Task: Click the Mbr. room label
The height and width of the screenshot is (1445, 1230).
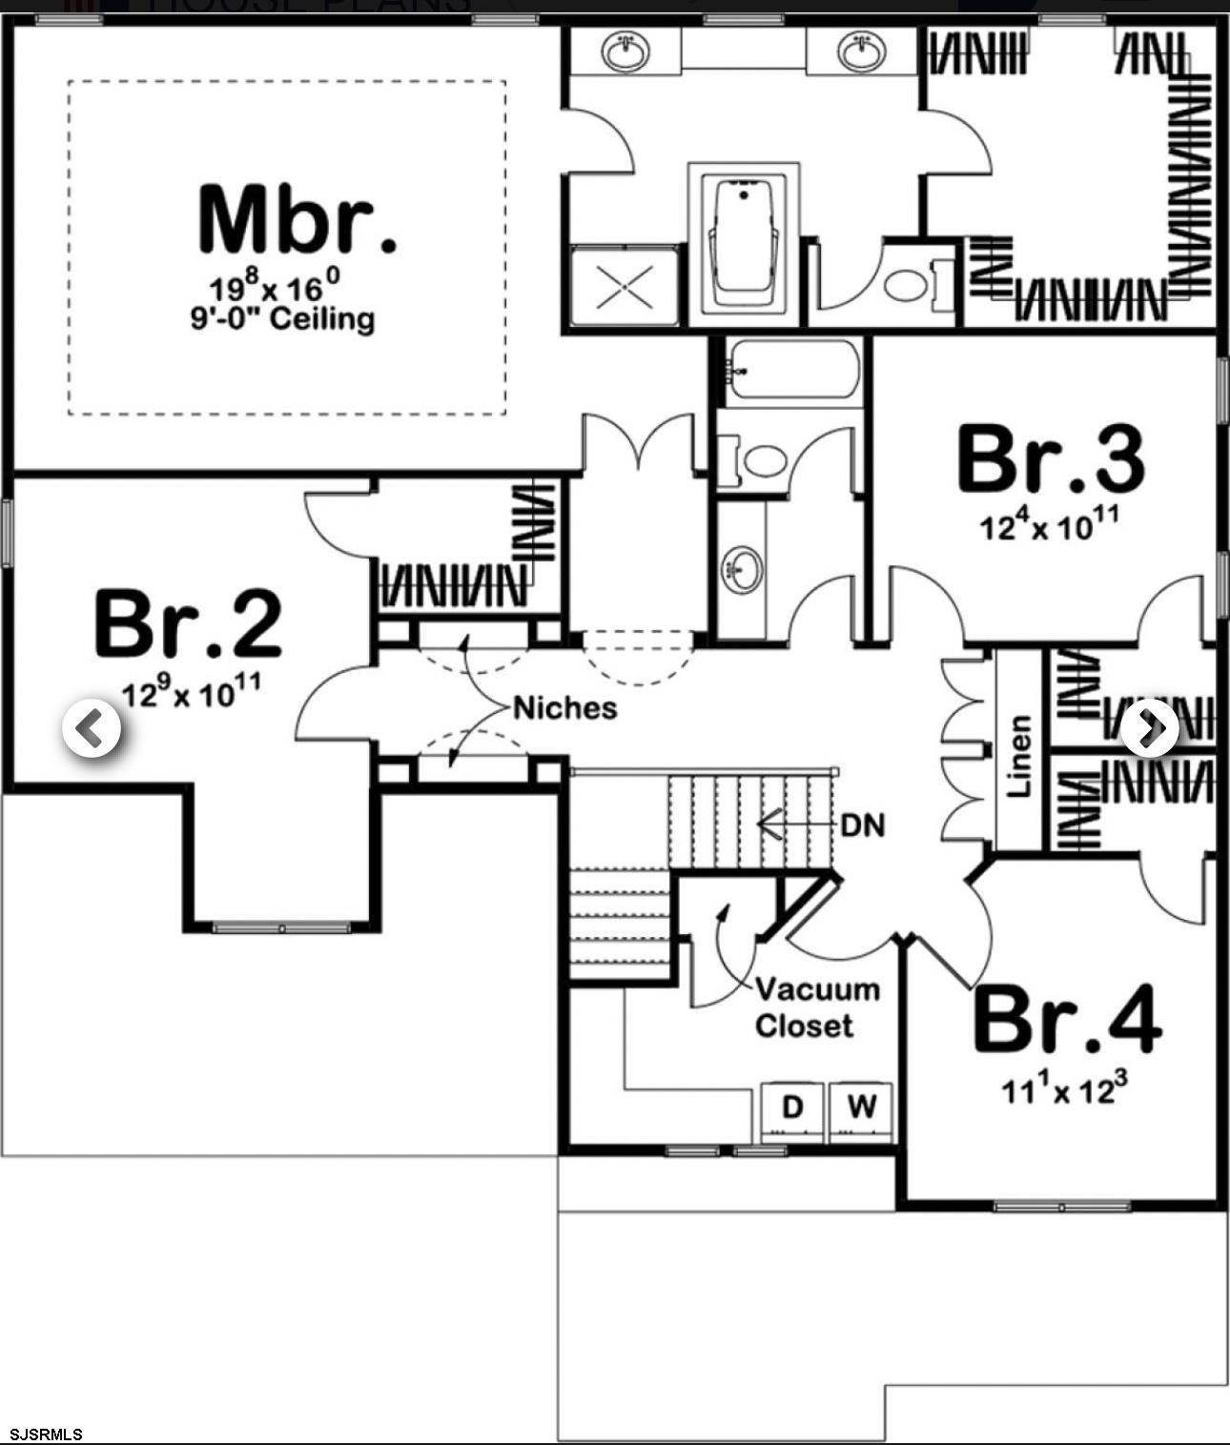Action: point(297,221)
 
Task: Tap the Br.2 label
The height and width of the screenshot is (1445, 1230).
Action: point(188,624)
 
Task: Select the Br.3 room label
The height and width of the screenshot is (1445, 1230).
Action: point(1051,460)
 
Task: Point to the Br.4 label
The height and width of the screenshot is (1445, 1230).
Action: point(1067,1019)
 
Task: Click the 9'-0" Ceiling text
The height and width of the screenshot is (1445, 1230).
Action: point(282,317)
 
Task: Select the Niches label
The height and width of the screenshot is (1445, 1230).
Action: point(565,708)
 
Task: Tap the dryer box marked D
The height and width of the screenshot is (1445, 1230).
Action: point(792,1109)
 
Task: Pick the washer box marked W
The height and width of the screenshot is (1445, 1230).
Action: point(862,1109)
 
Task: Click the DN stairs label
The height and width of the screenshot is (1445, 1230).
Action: point(863,824)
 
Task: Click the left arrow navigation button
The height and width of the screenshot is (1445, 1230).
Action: point(92,729)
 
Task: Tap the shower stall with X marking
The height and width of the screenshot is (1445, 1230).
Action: point(625,287)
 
